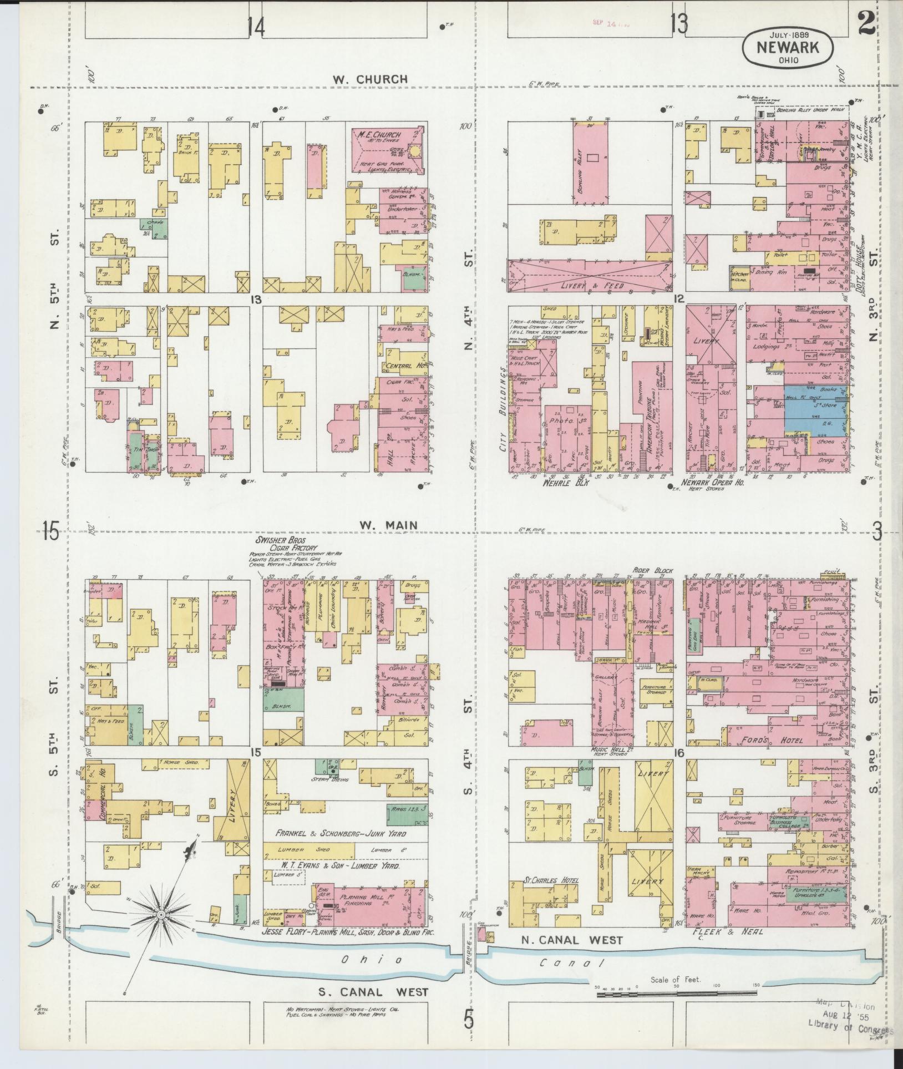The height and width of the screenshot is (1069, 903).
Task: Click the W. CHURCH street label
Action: [x=370, y=79]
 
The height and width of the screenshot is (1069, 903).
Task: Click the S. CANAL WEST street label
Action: [x=373, y=992]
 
